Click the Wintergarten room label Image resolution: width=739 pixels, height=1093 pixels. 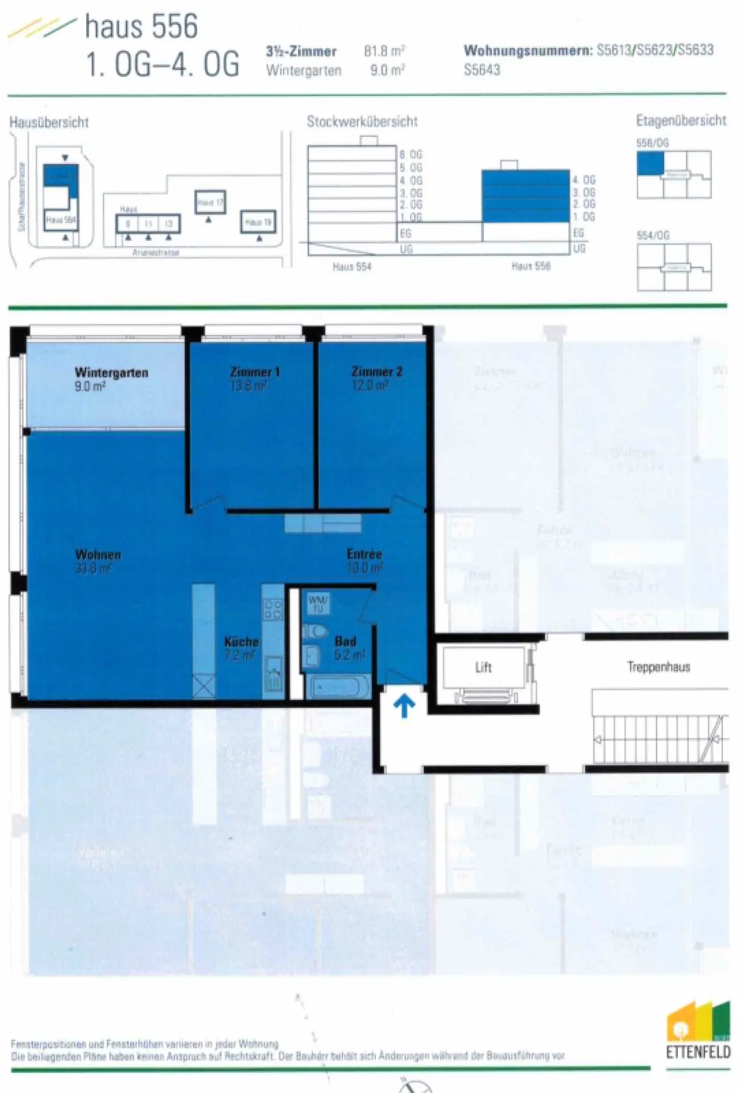point(111,373)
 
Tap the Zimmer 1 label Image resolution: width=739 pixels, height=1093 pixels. point(255,372)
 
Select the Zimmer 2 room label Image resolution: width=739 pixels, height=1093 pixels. point(377,372)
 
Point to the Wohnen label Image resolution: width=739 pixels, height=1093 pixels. point(98,555)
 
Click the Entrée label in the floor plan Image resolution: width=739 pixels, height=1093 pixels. point(364,554)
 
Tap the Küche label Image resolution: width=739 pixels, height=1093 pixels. point(241,642)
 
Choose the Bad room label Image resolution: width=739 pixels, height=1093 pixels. point(345,641)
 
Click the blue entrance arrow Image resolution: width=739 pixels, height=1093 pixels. point(404,706)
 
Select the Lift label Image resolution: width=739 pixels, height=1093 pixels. point(483,668)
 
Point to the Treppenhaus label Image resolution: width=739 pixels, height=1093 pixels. point(658,667)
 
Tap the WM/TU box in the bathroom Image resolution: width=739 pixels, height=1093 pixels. point(318,604)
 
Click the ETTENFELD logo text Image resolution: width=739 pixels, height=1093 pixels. point(698,1052)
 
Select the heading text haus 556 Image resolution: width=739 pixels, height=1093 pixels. point(141,27)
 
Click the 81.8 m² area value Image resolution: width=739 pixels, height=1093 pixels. point(384,51)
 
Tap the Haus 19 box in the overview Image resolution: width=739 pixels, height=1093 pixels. point(258,222)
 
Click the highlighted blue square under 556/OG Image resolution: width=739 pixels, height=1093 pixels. point(650,164)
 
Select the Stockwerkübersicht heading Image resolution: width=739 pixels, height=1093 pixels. point(362,122)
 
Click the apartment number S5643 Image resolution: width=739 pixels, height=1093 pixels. point(481,70)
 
